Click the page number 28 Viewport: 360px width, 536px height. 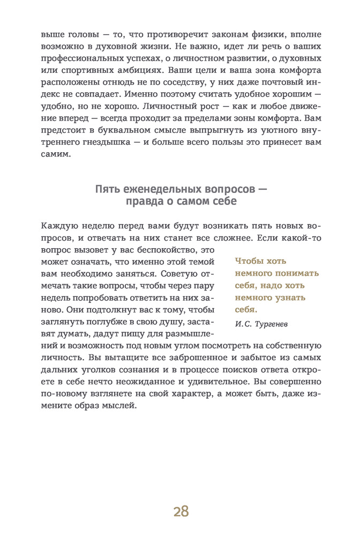pos(181,511)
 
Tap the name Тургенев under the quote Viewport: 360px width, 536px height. pos(273,323)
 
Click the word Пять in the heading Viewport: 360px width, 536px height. pos(106,189)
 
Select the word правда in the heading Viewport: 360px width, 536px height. pos(140,202)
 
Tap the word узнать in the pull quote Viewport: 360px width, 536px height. pos(286,297)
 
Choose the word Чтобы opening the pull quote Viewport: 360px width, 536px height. pos(249,261)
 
